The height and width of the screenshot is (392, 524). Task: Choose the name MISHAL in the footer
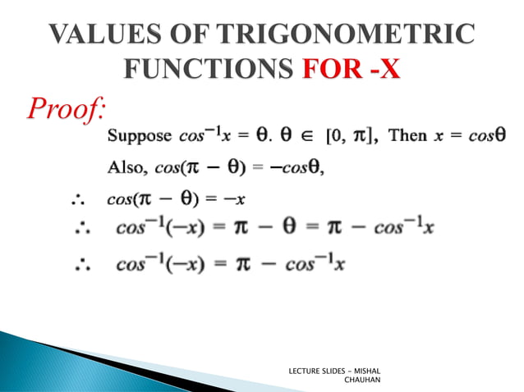(x=379, y=371)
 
